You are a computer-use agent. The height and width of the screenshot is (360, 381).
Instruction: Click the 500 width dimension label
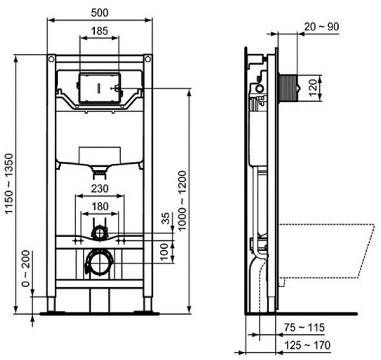point(100,13)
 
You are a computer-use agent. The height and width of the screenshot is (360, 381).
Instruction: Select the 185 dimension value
point(100,31)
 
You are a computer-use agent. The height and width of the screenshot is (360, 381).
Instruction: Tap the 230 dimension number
point(100,189)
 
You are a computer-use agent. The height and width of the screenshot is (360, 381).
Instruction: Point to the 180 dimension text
point(100,206)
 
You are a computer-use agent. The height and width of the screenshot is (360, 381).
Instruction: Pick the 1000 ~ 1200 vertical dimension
point(182,200)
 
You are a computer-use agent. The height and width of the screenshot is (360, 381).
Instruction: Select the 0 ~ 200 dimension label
point(26,269)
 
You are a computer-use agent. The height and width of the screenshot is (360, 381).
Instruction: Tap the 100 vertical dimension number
point(165,252)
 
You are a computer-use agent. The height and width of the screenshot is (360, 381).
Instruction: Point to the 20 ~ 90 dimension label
point(322,27)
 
